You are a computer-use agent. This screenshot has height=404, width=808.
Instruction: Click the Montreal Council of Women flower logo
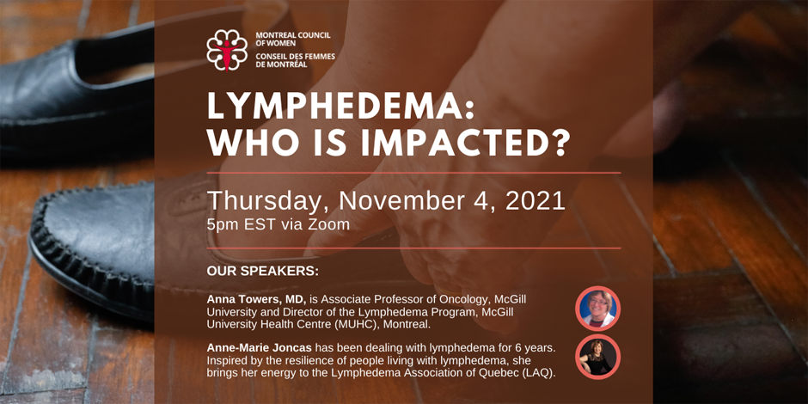(227, 50)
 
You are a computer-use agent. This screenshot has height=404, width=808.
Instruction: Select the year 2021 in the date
(536, 201)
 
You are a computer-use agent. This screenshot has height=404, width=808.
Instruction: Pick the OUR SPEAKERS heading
(263, 271)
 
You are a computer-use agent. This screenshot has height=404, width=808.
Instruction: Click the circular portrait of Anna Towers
(597, 308)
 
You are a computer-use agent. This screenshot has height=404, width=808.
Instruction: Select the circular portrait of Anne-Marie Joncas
(597, 357)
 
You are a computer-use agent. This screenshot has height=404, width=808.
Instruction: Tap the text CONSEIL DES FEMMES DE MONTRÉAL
(296, 60)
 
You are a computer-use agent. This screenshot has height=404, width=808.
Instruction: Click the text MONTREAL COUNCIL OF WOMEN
(293, 40)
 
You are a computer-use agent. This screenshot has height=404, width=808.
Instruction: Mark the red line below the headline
(413, 173)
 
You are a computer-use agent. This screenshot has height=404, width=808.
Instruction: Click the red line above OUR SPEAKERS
(413, 248)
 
